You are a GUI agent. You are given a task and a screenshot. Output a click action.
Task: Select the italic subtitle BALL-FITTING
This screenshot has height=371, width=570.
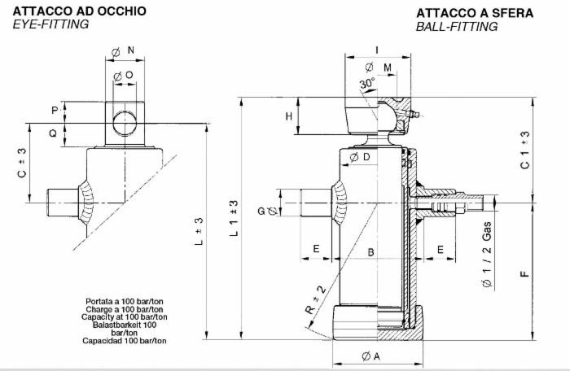[x=456, y=27]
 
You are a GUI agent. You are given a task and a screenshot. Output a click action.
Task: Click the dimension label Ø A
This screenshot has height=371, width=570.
[x=370, y=356]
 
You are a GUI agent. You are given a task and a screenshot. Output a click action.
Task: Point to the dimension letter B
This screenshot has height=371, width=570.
[x=370, y=253]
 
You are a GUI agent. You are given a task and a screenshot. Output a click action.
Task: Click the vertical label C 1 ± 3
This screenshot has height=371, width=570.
[x=525, y=151]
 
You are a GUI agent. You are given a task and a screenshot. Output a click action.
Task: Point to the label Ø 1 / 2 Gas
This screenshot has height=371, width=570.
[x=486, y=259]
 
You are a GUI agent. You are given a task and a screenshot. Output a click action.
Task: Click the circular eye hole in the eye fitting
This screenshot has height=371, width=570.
[x=125, y=123]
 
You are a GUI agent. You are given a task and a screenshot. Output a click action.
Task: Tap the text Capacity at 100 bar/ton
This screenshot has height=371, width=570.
[x=126, y=316]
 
